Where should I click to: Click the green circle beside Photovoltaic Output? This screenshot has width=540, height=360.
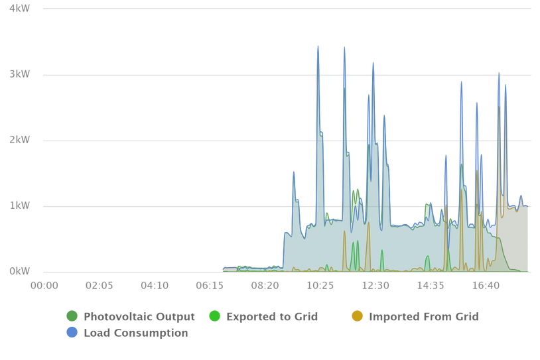point(72,316)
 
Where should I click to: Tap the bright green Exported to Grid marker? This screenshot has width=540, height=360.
point(214,316)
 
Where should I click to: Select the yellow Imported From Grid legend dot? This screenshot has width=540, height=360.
point(358,316)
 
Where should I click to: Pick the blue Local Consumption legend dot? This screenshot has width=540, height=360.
point(72,332)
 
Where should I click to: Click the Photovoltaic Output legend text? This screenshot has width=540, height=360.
point(139,316)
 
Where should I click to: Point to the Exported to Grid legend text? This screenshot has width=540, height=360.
point(272,316)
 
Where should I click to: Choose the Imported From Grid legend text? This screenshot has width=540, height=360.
point(423,316)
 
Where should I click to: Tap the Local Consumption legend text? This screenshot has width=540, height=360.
point(135,333)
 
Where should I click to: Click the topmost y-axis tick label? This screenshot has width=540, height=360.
point(20,9)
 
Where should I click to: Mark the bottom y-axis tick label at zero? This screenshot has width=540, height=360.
point(20,270)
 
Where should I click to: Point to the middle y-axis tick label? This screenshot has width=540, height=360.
point(20,140)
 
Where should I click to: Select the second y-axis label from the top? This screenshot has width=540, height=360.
point(20,74)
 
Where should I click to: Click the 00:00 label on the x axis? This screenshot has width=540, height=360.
point(44,285)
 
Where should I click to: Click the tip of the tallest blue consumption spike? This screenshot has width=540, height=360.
point(318,44)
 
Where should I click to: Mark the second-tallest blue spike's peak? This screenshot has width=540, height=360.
point(344,46)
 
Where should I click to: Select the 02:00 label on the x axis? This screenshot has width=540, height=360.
point(100,285)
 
